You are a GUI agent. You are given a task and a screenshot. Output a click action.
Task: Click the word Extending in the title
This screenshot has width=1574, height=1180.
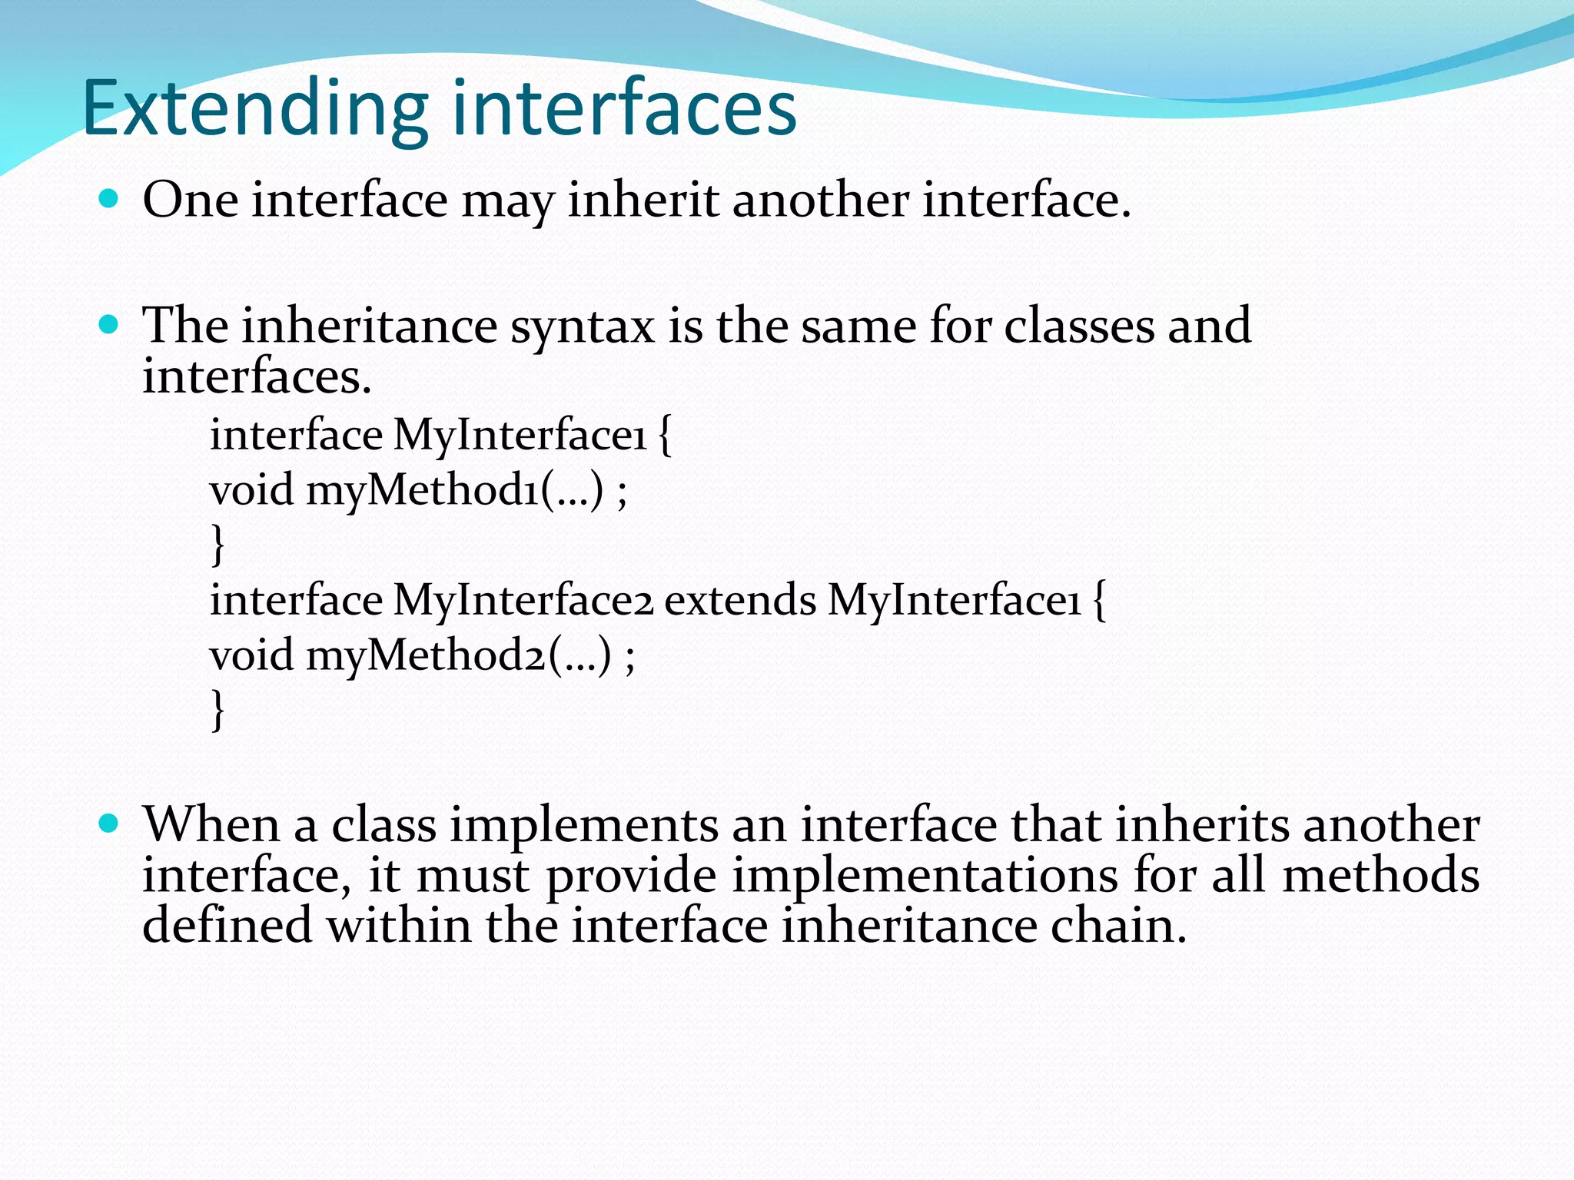pyautogui.click(x=254, y=109)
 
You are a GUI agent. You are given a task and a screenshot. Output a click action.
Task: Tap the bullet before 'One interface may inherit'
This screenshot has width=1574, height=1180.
pyautogui.click(x=109, y=200)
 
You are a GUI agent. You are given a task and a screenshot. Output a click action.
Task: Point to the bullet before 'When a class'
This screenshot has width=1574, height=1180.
pyautogui.click(x=109, y=824)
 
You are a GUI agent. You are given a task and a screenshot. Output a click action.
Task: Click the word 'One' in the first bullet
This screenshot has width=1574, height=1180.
pyautogui.click(x=190, y=200)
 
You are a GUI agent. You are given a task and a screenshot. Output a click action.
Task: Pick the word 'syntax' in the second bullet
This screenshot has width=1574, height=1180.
pyautogui.click(x=583, y=326)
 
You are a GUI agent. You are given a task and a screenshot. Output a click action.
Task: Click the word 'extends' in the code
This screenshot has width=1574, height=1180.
pyautogui.click(x=739, y=600)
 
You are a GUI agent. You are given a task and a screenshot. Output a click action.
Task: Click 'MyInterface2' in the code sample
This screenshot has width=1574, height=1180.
pyautogui.click(x=523, y=600)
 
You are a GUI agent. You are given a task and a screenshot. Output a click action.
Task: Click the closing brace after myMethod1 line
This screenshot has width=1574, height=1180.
pyautogui.click(x=218, y=544)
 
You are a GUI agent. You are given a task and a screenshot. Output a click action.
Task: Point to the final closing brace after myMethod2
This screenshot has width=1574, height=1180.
pyautogui.click(x=218, y=710)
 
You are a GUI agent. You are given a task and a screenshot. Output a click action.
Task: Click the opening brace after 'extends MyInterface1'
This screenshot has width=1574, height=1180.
pyautogui.click(x=1099, y=600)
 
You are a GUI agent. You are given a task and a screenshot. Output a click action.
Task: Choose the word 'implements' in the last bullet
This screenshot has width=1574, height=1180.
pyautogui.click(x=583, y=827)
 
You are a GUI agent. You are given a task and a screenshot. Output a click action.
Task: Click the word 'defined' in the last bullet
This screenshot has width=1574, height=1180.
pyautogui.click(x=227, y=925)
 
